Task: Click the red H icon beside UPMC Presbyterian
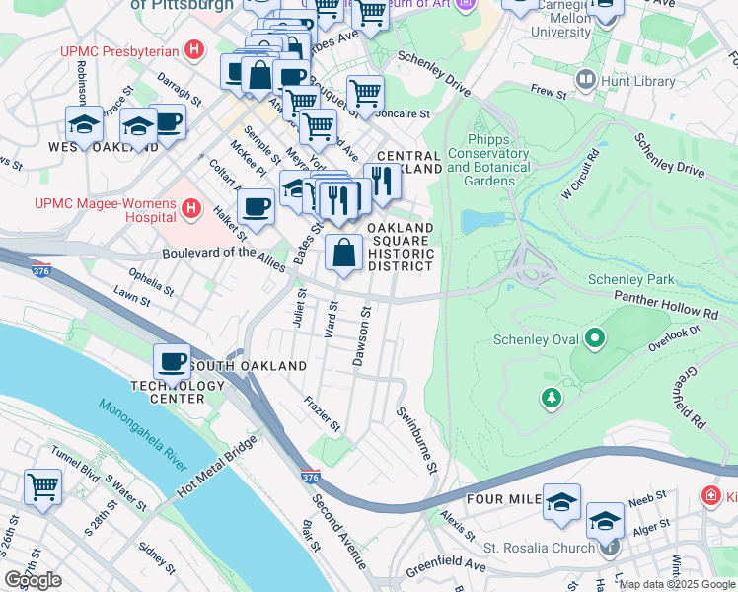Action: (x=194, y=50)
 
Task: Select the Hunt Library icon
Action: (x=587, y=77)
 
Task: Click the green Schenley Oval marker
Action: (x=594, y=340)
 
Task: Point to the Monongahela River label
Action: (x=142, y=433)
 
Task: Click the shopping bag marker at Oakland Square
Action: (x=342, y=254)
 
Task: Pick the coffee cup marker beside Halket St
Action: (x=256, y=208)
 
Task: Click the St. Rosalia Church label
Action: (x=537, y=547)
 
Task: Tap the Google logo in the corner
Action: (x=34, y=580)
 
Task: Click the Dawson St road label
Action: (x=361, y=336)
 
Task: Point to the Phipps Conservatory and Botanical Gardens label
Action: (x=487, y=167)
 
